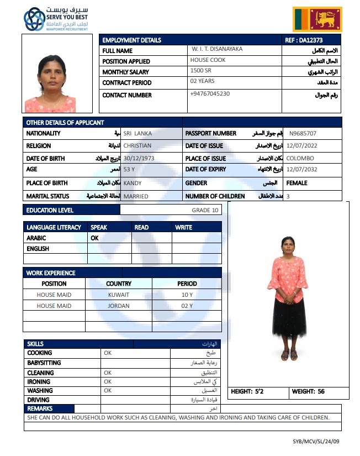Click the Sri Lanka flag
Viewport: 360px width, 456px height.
click(317, 19)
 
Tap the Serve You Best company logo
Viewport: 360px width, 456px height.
click(55, 19)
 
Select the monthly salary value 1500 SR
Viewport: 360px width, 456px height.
click(200, 71)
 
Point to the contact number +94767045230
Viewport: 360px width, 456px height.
click(210, 93)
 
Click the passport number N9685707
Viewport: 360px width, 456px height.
click(303, 133)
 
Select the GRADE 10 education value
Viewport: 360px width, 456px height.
click(205, 210)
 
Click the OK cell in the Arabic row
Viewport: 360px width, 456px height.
click(94, 238)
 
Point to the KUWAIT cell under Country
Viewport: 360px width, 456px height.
click(119, 295)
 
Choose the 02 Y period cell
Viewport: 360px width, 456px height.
click(187, 306)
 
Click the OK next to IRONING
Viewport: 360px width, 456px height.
click(108, 381)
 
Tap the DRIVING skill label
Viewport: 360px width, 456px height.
click(38, 400)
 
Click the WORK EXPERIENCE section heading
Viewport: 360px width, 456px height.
click(51, 272)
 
